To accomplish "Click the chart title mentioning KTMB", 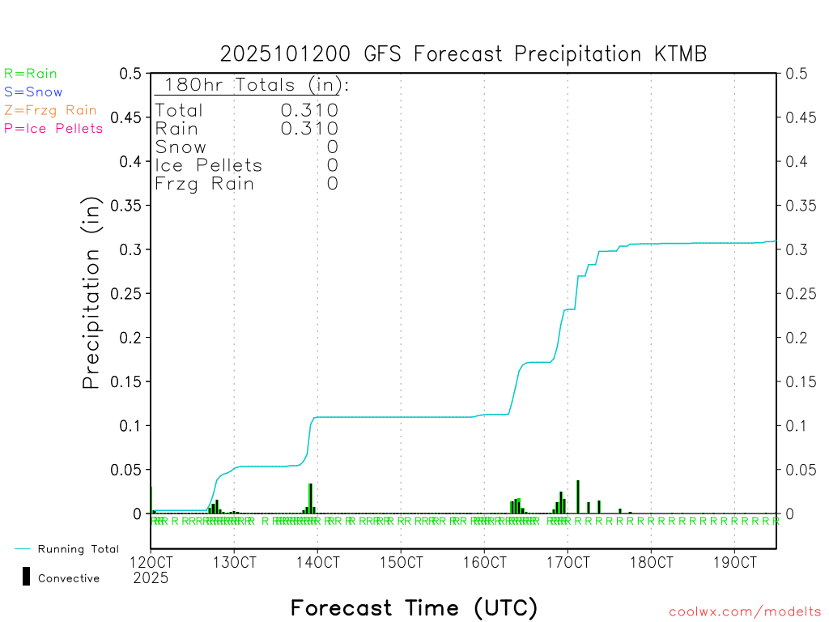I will point(463,54).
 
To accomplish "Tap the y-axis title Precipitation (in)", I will point(91,293).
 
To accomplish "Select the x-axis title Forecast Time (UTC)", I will point(414,607).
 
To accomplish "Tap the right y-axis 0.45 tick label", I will point(802,117).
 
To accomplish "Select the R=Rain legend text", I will point(31,74).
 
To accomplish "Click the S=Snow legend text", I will point(33,92).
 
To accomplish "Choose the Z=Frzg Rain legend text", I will point(50,110).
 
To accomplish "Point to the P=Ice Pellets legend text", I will point(53,128).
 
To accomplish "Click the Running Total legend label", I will point(78,549).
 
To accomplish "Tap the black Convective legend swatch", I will point(26,576).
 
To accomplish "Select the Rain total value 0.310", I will point(309,128).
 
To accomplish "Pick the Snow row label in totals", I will point(180,147).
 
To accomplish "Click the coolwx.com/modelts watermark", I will point(745,611).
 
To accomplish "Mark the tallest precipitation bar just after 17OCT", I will point(577,496).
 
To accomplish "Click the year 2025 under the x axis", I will point(150,577).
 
